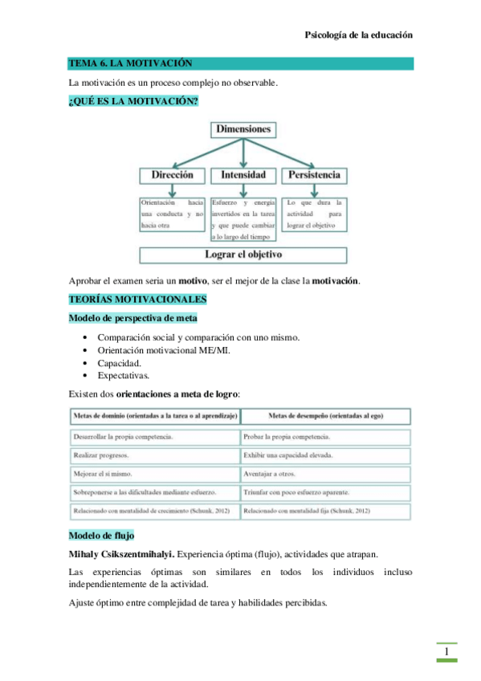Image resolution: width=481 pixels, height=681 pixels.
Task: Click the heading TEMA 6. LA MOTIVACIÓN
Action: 130,63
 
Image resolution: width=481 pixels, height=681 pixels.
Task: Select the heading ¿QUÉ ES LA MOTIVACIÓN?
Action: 133,100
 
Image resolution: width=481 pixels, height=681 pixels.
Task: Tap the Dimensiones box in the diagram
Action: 243,128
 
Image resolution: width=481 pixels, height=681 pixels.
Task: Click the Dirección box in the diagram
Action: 173,174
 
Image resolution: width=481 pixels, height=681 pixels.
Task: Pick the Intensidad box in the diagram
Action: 243,174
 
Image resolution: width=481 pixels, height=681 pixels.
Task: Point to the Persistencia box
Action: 313,174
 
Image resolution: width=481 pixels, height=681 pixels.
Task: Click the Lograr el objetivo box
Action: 243,255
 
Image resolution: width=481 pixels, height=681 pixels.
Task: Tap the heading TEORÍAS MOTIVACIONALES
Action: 137,300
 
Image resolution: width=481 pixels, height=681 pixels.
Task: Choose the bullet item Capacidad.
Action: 120,363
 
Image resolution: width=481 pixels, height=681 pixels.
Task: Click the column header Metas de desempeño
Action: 325,416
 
